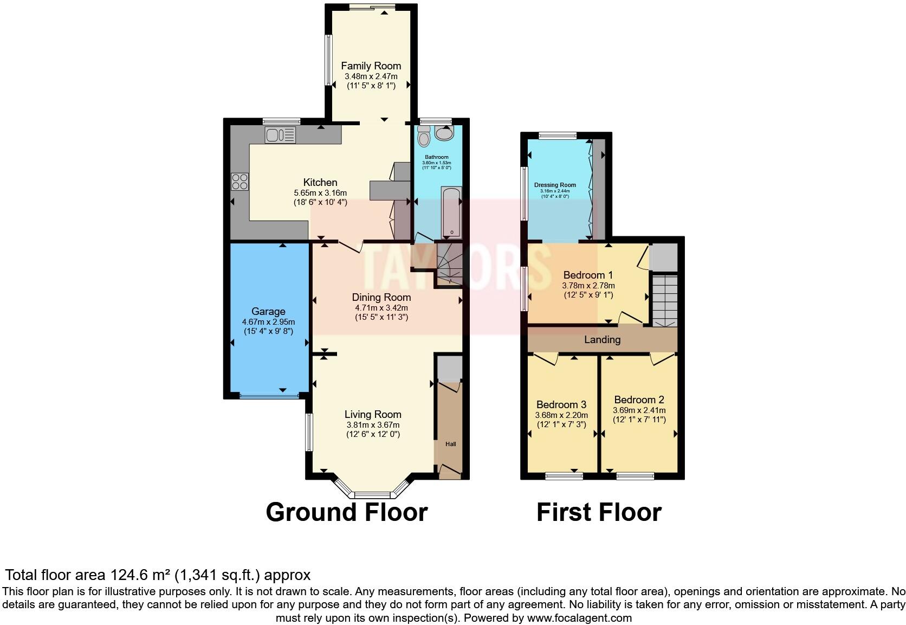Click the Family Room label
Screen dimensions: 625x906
click(x=371, y=66)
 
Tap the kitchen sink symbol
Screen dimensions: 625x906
click(x=280, y=135)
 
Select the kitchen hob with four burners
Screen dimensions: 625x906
click(x=240, y=181)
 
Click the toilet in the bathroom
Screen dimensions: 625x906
click(x=424, y=137)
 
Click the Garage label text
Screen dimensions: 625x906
click(x=268, y=311)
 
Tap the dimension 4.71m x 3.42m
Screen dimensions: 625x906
click(x=381, y=307)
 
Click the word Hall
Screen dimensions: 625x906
click(x=450, y=444)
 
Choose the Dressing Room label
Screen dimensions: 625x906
click(x=555, y=185)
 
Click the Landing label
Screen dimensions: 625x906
click(x=602, y=340)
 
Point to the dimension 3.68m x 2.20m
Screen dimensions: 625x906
click(x=561, y=415)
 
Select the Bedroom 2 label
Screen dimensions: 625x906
click(x=639, y=400)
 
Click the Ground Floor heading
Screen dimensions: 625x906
click(x=347, y=512)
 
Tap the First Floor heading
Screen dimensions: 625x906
click(x=599, y=512)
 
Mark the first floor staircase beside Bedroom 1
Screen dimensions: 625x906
click(x=664, y=301)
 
